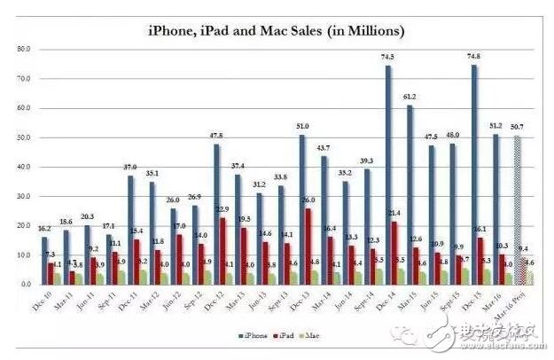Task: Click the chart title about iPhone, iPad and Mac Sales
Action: (276, 31)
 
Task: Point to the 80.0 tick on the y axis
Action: (25, 50)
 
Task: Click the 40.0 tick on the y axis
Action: (25, 168)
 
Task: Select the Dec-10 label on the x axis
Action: (43, 302)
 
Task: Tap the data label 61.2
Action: (410, 97)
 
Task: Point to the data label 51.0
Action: (301, 127)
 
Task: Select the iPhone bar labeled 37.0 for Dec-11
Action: (130, 230)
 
